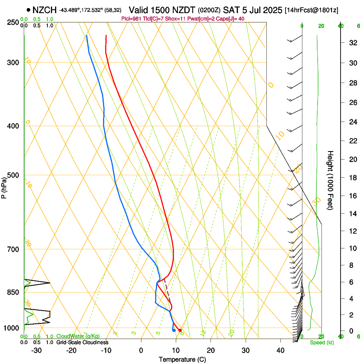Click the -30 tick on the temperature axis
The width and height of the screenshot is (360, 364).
point(36,350)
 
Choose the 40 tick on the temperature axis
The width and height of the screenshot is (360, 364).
point(280,350)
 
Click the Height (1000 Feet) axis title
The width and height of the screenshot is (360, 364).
point(331,180)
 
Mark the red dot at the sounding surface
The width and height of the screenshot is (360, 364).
point(180,330)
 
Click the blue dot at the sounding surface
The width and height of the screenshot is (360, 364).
point(174,330)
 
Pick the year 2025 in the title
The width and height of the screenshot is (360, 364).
point(274,10)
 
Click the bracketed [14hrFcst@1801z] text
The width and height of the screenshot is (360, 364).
point(312,10)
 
